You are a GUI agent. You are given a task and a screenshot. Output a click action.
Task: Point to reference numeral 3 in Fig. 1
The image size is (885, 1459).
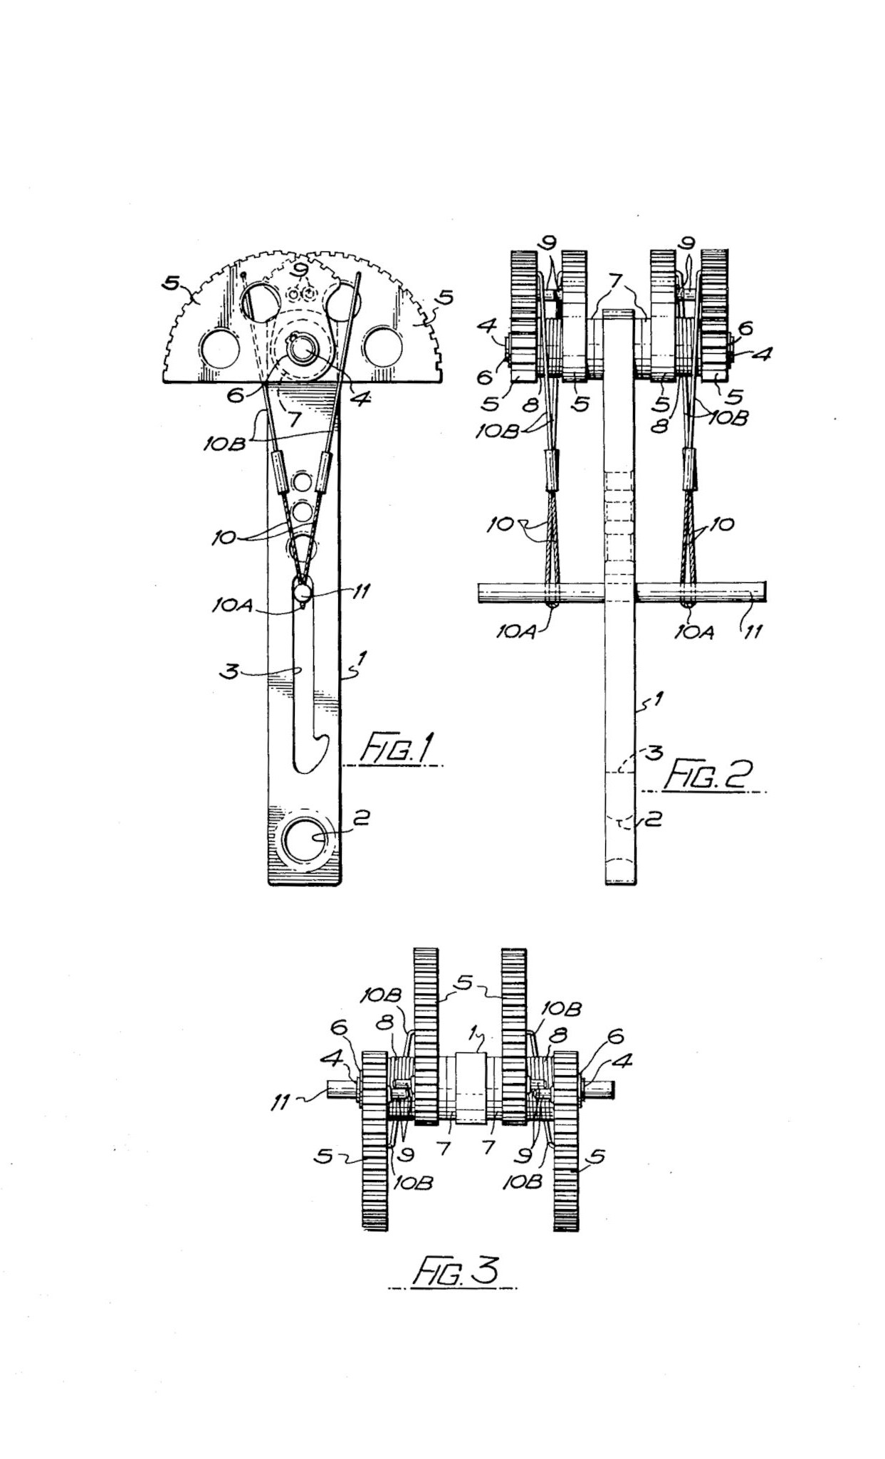[229, 671]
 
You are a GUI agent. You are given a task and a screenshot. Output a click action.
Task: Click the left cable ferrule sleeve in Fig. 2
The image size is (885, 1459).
[551, 470]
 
